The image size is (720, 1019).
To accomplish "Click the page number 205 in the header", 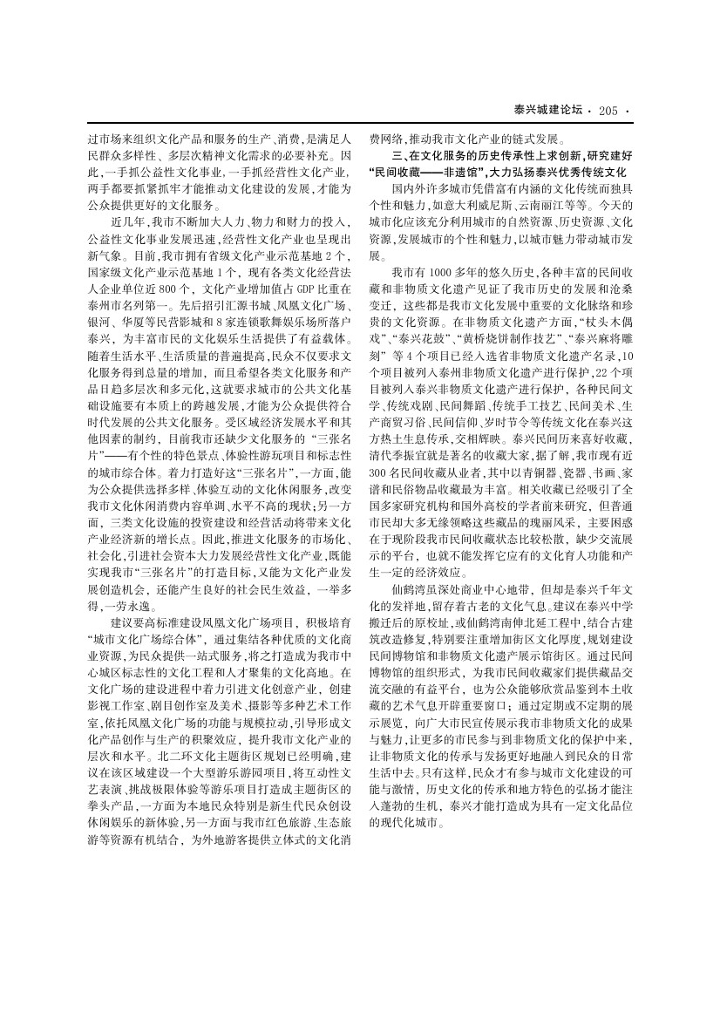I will [x=608, y=110].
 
